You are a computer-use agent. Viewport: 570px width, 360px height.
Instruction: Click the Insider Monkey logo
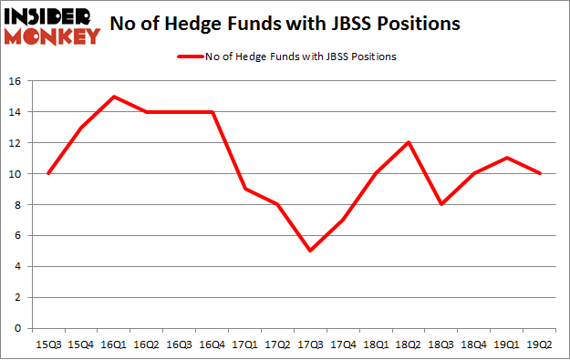(x=51, y=25)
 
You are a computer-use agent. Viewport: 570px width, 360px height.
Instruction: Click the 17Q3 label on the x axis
(x=312, y=345)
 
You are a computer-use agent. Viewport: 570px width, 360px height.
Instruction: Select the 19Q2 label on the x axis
(x=542, y=345)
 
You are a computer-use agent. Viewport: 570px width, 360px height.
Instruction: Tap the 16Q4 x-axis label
(x=212, y=345)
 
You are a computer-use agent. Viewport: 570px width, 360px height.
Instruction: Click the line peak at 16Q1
(x=114, y=97)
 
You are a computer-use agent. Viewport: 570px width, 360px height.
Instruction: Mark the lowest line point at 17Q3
(x=312, y=251)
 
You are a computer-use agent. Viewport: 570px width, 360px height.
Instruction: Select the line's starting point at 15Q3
(x=47, y=174)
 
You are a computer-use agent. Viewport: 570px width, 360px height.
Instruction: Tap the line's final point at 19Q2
(x=542, y=174)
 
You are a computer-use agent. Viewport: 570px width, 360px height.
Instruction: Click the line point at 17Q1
(x=246, y=189)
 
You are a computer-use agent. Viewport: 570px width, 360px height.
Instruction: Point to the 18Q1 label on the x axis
(x=378, y=345)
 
